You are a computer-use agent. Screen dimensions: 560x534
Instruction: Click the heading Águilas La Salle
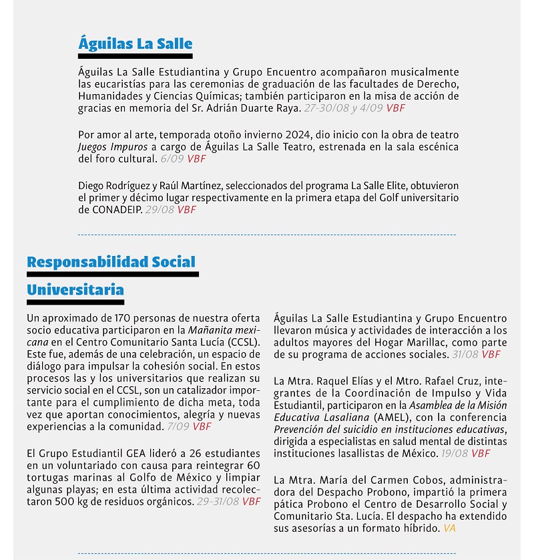[x=135, y=44]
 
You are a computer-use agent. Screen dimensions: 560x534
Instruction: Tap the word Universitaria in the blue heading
[x=75, y=290]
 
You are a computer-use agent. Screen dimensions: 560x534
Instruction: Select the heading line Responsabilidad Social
[x=111, y=261]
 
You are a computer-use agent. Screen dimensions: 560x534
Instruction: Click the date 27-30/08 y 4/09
[x=343, y=108]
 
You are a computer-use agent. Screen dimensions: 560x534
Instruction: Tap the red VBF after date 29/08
[x=187, y=209]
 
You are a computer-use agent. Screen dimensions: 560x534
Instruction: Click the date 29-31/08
[x=218, y=501]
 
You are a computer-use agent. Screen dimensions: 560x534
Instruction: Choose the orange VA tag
[x=449, y=528]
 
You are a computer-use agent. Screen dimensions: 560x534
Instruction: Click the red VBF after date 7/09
[x=202, y=426]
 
